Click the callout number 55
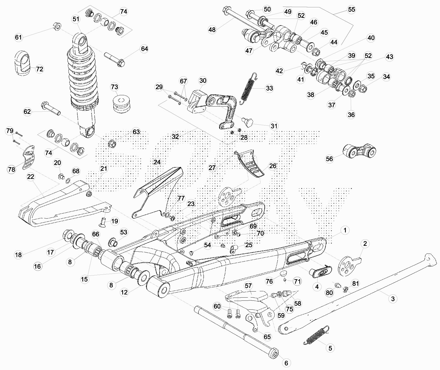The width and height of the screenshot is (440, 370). tap(351, 9)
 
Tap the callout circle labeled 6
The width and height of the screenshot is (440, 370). tap(286, 363)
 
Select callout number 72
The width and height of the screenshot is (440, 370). tap(39, 69)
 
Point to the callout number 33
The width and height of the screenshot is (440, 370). tap(269, 88)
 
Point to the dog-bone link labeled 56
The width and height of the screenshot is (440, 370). tap(359, 152)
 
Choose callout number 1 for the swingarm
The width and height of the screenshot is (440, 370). tap(345, 230)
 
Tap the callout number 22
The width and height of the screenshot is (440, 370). tap(31, 177)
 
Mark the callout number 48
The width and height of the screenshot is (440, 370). tap(212, 29)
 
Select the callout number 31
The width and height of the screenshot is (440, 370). tap(274, 126)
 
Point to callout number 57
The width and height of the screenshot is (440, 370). tap(248, 286)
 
